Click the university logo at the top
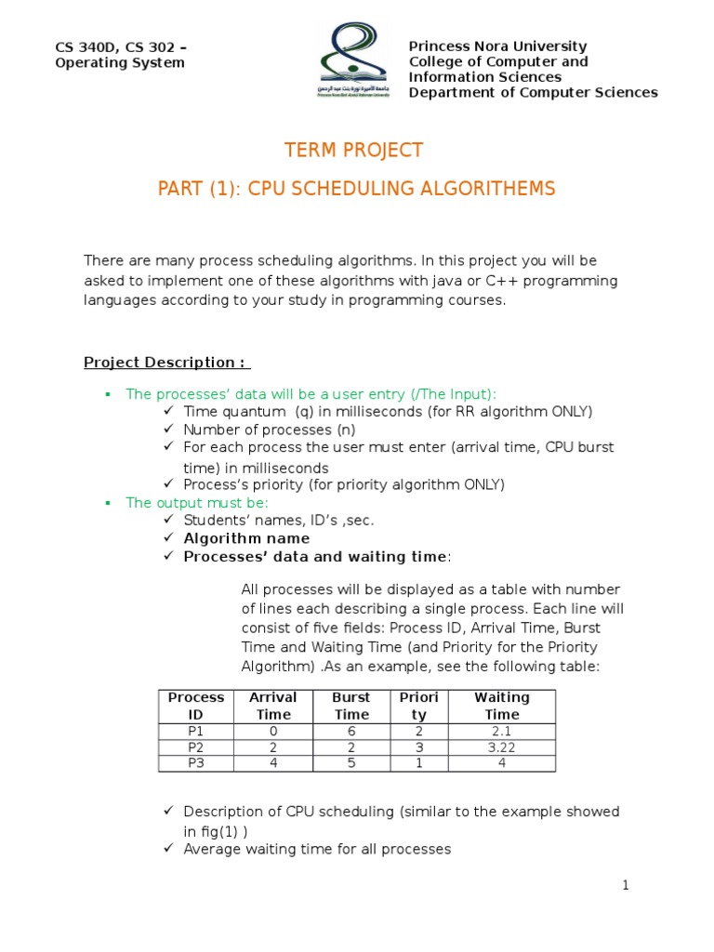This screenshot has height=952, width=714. coord(355,61)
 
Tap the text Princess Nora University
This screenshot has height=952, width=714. coord(497,46)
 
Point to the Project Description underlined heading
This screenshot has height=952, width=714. coord(166,363)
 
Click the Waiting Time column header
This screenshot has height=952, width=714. coord(501,706)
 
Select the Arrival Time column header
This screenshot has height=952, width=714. coord(273,706)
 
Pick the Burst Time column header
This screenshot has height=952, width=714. coord(351,706)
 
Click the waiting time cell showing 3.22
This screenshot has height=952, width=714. coord(501,747)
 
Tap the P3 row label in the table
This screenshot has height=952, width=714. coord(195,763)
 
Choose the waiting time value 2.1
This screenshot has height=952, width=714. coord(501,732)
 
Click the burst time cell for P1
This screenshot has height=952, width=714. coord(351,732)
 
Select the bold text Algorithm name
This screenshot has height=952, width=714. coord(246,538)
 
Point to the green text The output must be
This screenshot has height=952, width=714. coord(196,503)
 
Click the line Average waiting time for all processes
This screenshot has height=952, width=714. coord(316,849)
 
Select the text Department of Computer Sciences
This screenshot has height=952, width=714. coord(533,92)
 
